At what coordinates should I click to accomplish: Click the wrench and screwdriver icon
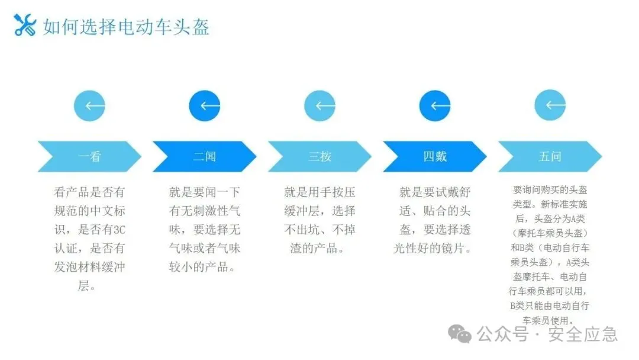(x=24, y=25)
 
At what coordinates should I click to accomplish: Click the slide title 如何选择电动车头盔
(x=126, y=27)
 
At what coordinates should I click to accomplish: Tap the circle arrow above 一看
(x=90, y=106)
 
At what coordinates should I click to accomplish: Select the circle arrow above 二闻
(x=205, y=106)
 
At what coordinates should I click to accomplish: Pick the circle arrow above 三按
(x=320, y=106)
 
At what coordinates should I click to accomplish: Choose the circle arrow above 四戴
(x=435, y=106)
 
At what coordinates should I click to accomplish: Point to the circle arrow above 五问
(x=550, y=105)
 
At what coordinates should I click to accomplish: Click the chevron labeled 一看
(x=90, y=156)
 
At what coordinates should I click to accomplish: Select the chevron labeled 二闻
(x=205, y=156)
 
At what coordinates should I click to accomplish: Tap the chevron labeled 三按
(x=320, y=156)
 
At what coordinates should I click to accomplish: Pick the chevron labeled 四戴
(x=435, y=156)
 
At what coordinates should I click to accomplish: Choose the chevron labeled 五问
(x=550, y=156)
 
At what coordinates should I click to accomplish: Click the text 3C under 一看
(x=120, y=230)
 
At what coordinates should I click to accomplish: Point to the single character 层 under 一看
(x=83, y=285)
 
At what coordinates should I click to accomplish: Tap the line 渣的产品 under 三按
(x=314, y=248)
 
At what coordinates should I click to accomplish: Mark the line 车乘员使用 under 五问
(x=546, y=320)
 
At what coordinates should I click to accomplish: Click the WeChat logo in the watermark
(x=460, y=334)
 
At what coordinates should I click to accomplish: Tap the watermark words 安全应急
(x=583, y=335)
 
